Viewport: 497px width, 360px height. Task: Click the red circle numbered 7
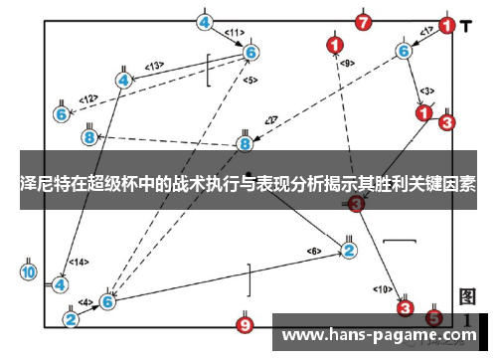(x=363, y=21)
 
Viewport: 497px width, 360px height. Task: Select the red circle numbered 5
(x=433, y=317)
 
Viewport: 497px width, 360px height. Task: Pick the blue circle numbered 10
(x=29, y=271)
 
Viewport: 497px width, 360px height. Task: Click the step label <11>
(x=235, y=32)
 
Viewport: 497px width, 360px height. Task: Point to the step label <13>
(x=154, y=66)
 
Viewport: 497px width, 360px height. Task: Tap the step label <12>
(x=88, y=98)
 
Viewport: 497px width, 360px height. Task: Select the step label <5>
(x=249, y=80)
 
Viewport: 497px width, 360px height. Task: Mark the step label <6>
(x=313, y=250)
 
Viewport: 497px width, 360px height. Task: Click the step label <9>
(x=347, y=64)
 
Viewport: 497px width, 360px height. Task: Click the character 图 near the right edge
(x=468, y=297)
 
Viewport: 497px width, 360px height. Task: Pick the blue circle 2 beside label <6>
(x=349, y=250)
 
